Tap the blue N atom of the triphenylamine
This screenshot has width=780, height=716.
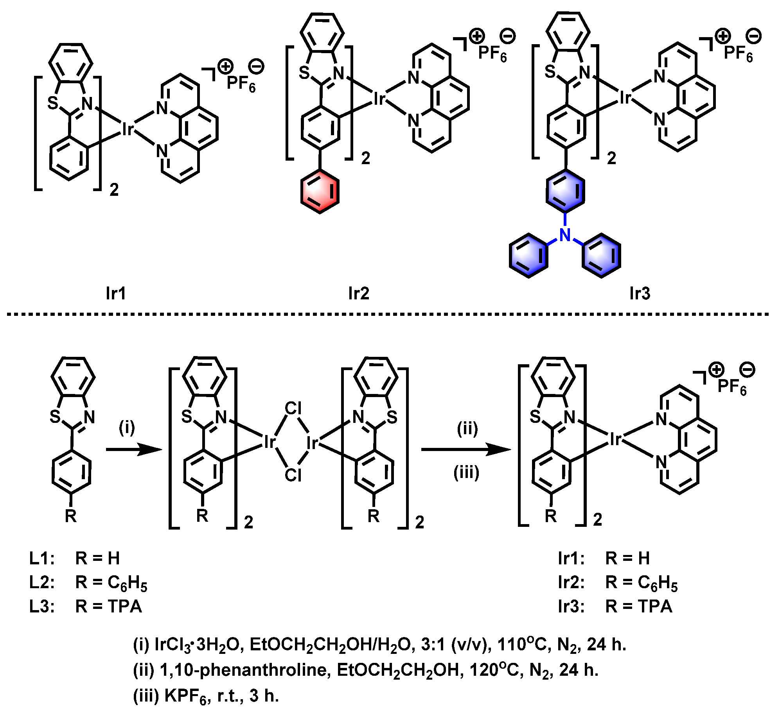click(565, 235)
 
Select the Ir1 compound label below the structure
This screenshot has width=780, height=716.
click(116, 293)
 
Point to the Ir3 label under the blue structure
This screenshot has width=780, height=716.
click(640, 293)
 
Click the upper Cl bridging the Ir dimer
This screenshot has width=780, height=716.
click(293, 408)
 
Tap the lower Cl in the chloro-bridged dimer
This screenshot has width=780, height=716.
click(293, 475)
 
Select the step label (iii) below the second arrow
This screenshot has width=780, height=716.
click(466, 473)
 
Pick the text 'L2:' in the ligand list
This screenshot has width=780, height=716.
click(42, 582)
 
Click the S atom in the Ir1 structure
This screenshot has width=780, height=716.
click(53, 103)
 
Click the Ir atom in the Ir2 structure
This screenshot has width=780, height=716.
click(379, 98)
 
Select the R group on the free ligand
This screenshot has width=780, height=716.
click(71, 516)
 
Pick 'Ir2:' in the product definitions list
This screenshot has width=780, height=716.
click(571, 582)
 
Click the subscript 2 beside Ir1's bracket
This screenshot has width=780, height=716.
click(114, 190)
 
